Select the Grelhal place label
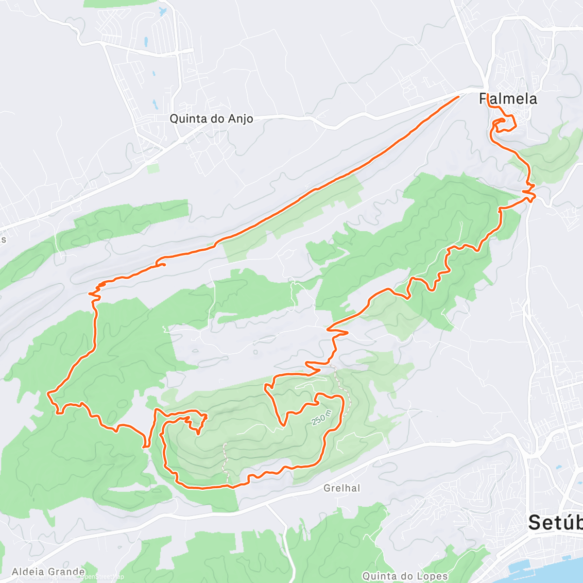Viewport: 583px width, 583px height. (x=342, y=488)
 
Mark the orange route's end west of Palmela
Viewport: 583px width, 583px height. (x=458, y=97)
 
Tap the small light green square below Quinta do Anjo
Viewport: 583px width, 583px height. (x=153, y=168)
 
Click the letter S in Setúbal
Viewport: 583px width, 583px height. (x=534, y=522)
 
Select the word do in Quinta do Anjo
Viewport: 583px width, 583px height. (x=211, y=119)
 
